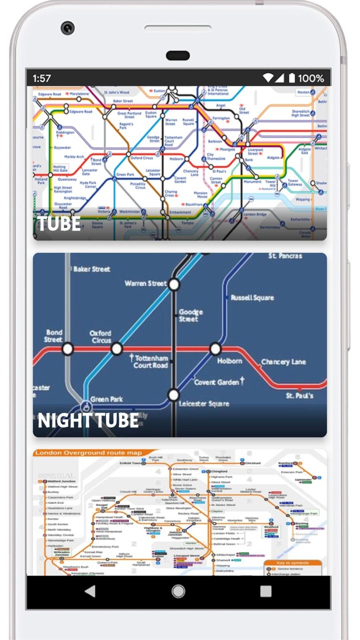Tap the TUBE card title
(59, 223)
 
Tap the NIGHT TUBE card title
(88, 420)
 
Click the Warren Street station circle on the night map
(173, 284)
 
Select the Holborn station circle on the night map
(215, 348)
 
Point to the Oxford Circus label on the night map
(100, 336)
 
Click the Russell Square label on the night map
(252, 297)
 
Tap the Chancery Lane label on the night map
(283, 361)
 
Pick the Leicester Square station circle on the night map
(173, 395)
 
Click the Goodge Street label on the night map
(189, 315)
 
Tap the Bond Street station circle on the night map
(67, 348)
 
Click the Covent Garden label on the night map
(216, 382)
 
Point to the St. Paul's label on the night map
(300, 395)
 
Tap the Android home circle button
(178, 591)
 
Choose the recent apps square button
(266, 591)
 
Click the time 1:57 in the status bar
(42, 78)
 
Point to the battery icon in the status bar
(292, 78)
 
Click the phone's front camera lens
(67, 27)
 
